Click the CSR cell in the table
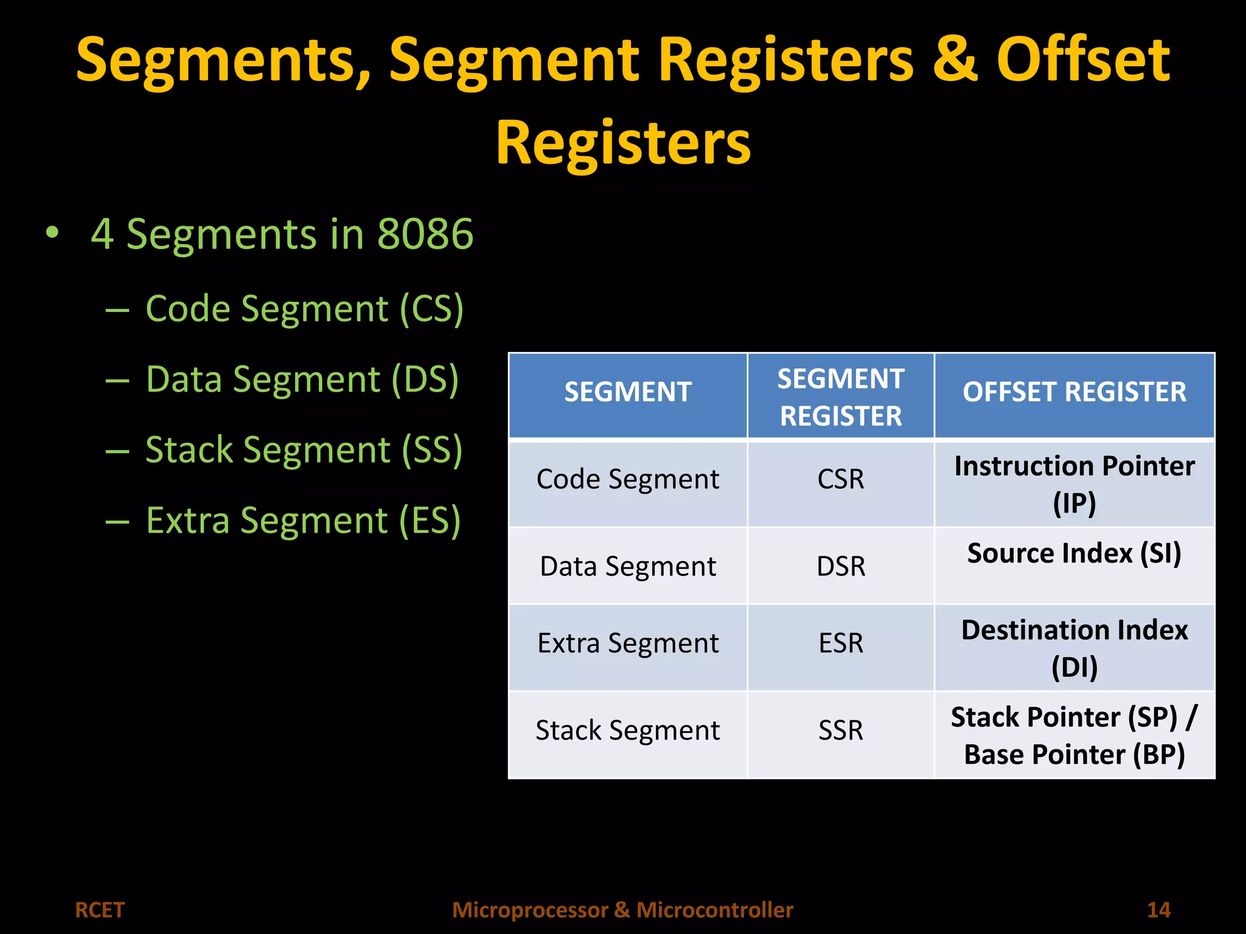coord(840,479)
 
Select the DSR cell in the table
coord(840,566)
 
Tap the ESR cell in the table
coord(840,643)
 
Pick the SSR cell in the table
coord(840,730)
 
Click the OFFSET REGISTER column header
coord(1074,392)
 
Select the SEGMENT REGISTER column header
coord(840,397)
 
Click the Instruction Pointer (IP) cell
coord(1074,484)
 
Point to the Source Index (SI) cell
coord(1074,553)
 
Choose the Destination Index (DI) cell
coord(1074,648)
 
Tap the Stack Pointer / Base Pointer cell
coord(1074,735)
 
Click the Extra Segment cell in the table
coord(627,643)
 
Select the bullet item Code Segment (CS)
coord(304,309)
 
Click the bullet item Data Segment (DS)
coord(302,379)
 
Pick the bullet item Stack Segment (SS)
coord(304,450)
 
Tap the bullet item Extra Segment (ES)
coord(303,521)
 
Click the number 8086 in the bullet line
coord(425,234)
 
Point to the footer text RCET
coord(99,910)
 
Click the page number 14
coord(1158,910)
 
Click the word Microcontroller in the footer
coord(714,910)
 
